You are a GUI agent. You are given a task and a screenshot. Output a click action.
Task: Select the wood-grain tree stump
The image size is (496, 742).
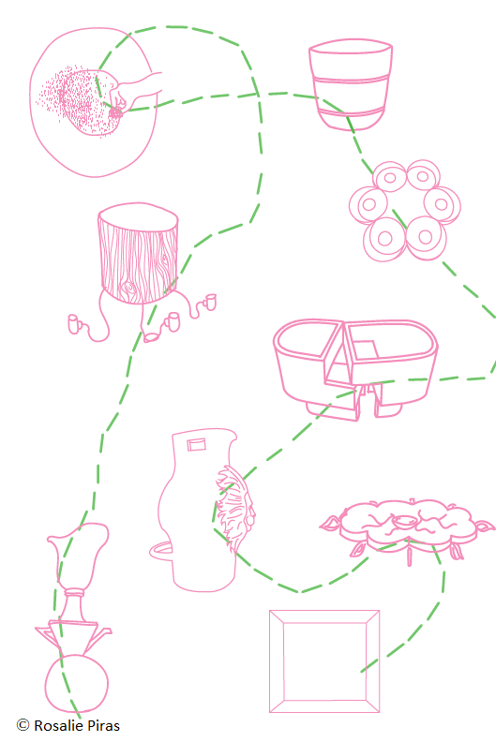pos(139,253)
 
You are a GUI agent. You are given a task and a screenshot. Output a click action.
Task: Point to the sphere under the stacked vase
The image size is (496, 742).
pos(77,683)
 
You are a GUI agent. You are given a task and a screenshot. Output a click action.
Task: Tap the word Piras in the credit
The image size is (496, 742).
pos(104,726)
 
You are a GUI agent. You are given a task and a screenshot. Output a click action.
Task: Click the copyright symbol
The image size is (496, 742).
pos(23,725)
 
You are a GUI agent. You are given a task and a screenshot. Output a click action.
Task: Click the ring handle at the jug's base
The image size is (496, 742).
pos(161,551)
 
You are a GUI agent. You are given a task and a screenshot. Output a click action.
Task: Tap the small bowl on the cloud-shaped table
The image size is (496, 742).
pos(404,523)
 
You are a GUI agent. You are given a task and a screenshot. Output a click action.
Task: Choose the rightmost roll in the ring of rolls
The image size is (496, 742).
pos(443,204)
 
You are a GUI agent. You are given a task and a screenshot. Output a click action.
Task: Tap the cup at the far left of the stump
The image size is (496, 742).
pos(74,324)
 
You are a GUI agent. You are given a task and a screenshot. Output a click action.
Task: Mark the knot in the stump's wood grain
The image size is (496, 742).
pos(128,288)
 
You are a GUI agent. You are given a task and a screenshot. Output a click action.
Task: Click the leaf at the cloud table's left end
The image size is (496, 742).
pos(331,523)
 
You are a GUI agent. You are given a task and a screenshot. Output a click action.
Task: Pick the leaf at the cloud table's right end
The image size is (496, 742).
pos(484,527)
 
